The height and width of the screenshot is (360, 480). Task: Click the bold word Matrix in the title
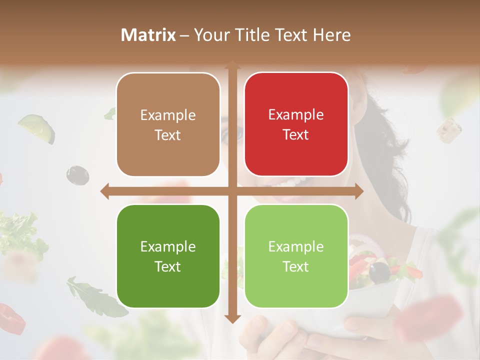(148, 35)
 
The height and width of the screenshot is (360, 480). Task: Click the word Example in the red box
(296, 114)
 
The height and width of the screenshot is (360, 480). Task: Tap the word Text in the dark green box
(168, 266)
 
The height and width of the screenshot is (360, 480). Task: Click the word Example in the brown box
(168, 115)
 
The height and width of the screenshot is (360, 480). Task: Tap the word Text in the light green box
(296, 266)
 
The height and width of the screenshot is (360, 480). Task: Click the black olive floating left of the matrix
(77, 174)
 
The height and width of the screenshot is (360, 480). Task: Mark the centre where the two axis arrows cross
(232, 191)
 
